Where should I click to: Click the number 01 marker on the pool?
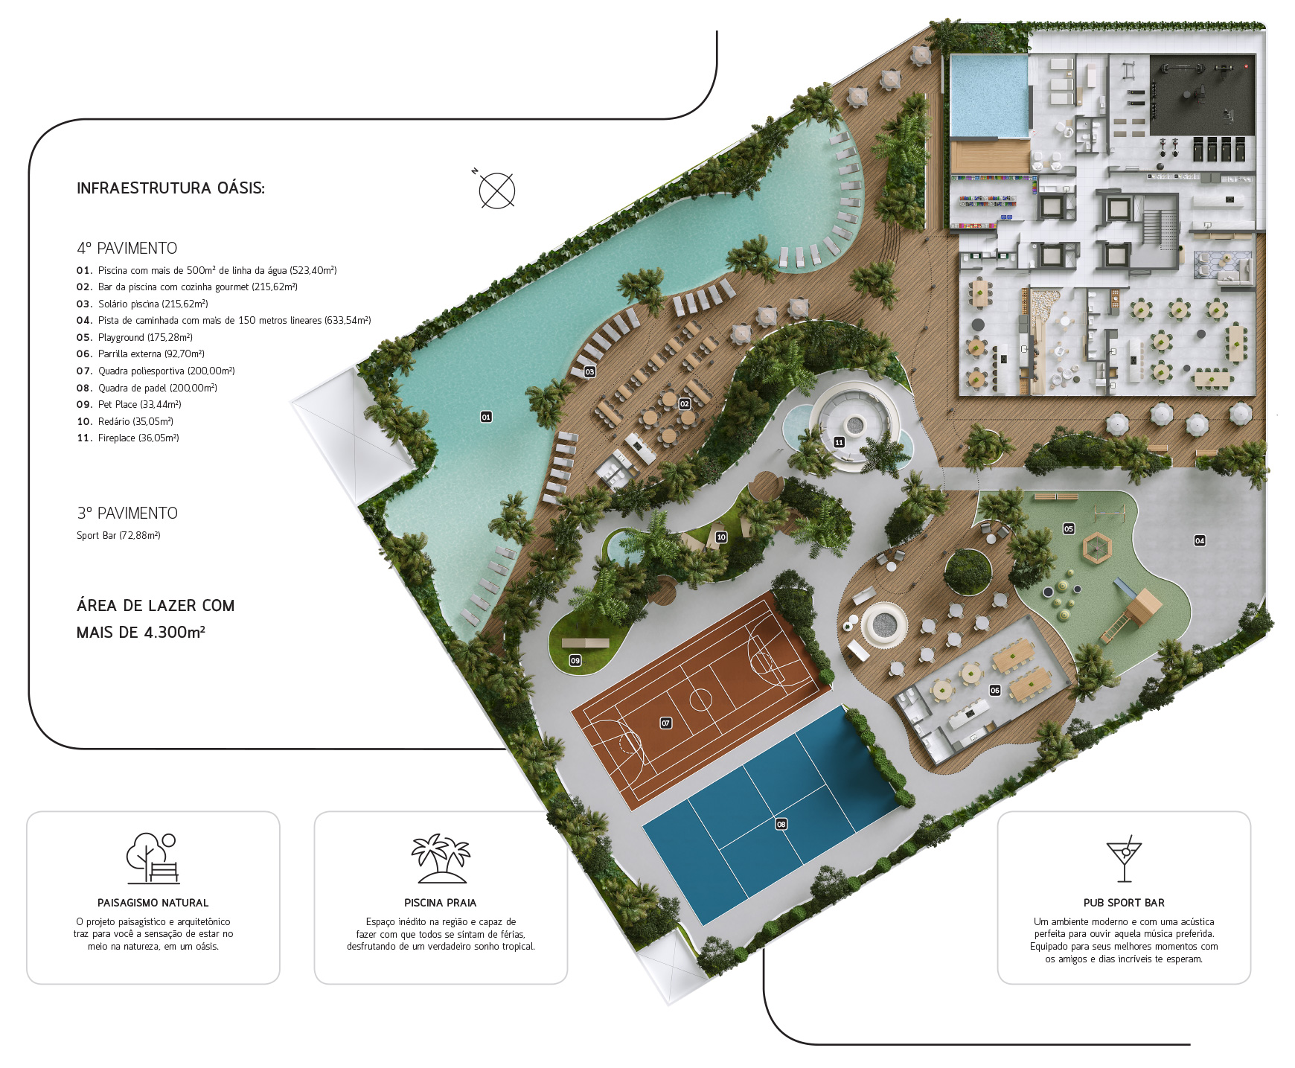coord(486,417)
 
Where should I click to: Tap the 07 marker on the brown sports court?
coord(666,723)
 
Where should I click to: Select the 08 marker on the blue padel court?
coord(781,824)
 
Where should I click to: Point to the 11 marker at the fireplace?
coord(839,442)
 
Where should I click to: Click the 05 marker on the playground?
coord(1069,528)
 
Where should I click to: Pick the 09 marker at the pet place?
coord(575,660)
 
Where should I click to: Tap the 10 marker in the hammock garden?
coord(721,537)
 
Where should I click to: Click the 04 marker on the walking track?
coord(1200,540)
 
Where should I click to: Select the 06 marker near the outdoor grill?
coord(995,690)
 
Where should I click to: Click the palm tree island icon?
coord(441,858)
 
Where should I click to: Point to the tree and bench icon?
coord(153,858)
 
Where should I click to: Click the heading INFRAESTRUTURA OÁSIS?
coord(170,188)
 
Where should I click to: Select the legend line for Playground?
coord(135,337)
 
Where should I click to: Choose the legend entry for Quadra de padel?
coord(147,388)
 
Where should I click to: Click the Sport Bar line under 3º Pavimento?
coord(118,535)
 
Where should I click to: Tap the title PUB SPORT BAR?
coord(1124,903)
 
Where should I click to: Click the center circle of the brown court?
coord(700,700)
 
